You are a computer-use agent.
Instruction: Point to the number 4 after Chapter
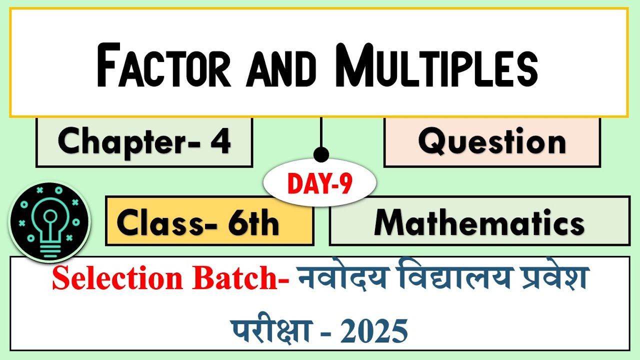click(x=220, y=141)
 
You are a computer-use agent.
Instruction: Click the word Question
click(x=492, y=141)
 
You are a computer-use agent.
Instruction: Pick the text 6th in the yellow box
click(x=253, y=222)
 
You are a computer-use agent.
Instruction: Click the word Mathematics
click(x=479, y=222)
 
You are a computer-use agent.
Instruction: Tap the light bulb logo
click(x=49, y=221)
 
